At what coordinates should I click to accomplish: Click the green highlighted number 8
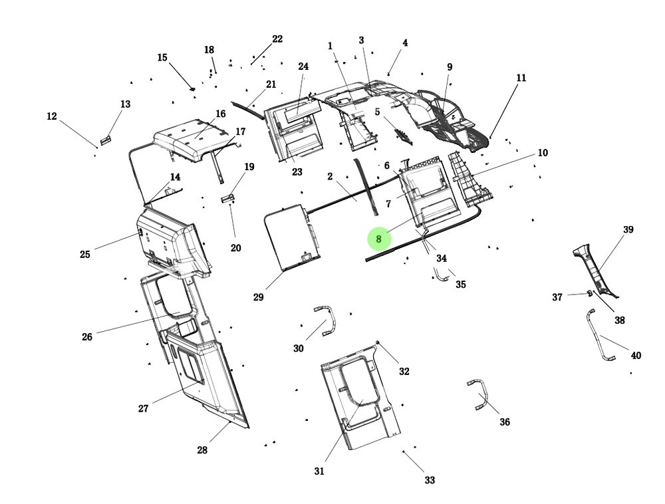378,239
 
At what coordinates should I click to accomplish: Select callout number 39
628,230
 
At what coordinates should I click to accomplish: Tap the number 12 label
52,116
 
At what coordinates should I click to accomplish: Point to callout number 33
430,480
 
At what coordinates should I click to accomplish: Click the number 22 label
277,39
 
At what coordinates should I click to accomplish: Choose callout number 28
202,450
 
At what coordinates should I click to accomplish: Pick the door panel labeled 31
359,399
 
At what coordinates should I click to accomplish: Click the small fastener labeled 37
589,293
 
